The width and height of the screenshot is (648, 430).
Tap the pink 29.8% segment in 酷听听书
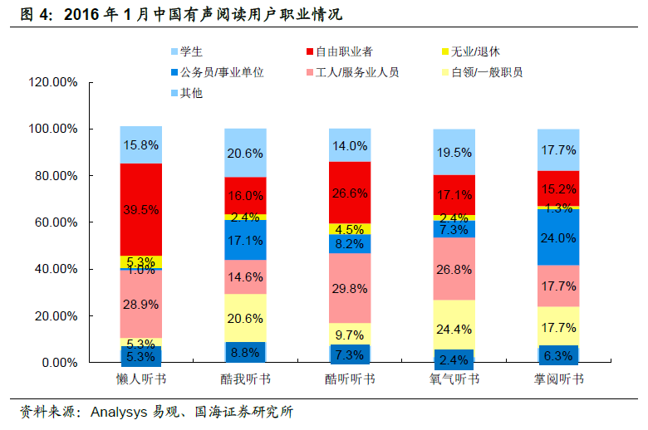click(350, 287)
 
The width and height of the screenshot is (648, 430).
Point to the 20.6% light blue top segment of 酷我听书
click(245, 153)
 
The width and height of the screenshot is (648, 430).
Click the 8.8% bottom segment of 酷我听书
click(245, 352)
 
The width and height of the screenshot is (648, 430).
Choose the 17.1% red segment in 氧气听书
click(454, 195)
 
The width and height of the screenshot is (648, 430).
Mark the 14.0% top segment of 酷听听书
click(350, 146)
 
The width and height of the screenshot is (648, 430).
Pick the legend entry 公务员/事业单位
click(221, 72)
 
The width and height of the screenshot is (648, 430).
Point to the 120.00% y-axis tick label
click(52, 83)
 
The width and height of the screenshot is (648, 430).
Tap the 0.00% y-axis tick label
click(59, 363)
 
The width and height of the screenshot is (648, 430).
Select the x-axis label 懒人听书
click(141, 379)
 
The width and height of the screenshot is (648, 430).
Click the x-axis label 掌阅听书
click(558, 379)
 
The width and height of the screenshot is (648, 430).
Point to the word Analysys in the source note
click(118, 411)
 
